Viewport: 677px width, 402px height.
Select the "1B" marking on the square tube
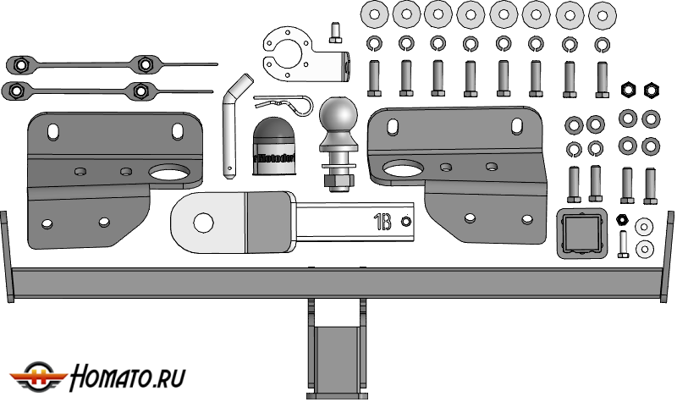click(383, 223)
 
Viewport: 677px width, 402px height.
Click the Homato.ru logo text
click(128, 376)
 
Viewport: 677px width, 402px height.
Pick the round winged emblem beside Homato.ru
click(37, 377)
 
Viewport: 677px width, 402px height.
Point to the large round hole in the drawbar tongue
click(203, 223)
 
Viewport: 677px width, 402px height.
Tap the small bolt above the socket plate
click(334, 31)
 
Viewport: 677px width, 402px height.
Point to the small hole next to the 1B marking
click(405, 223)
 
